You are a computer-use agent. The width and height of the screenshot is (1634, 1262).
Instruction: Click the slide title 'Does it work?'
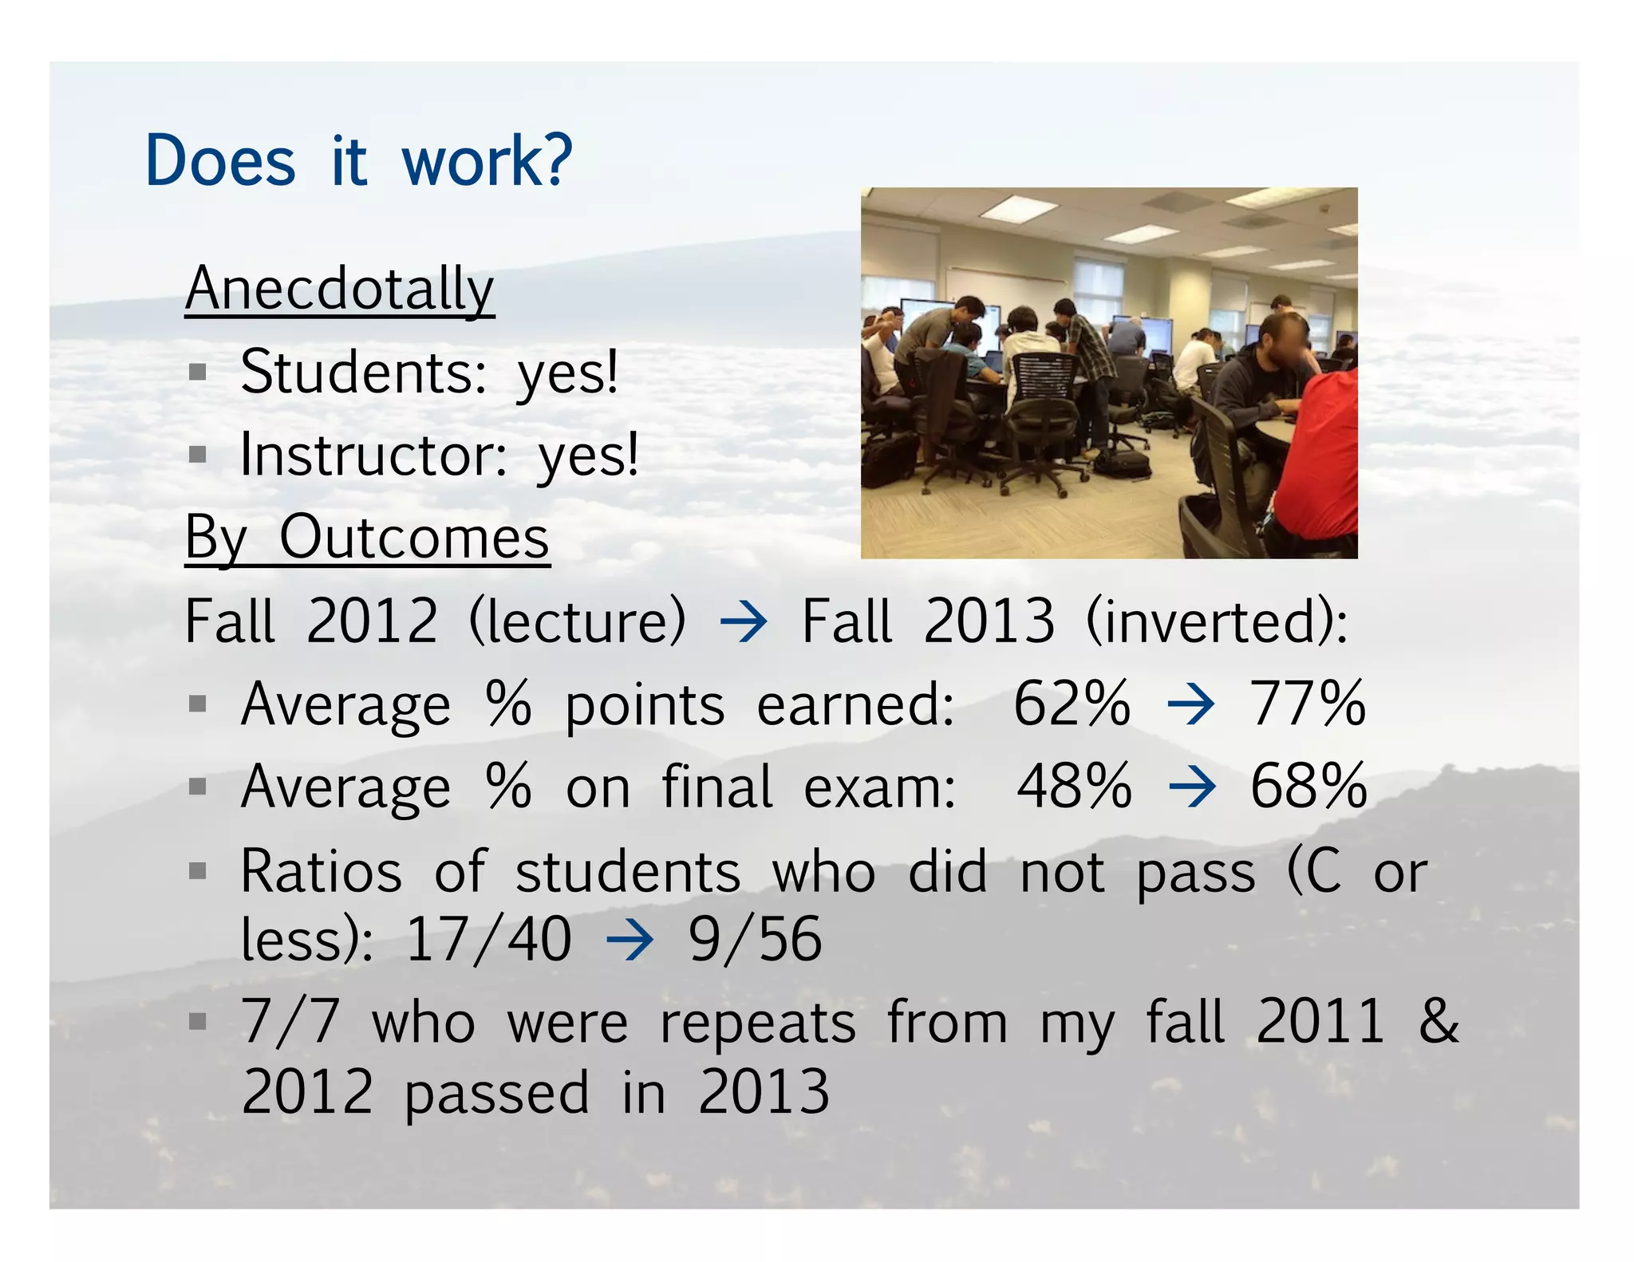[x=358, y=160]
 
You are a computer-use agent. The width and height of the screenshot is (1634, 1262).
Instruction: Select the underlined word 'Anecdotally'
[x=340, y=289]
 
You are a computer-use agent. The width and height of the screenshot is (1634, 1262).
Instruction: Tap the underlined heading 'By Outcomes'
[x=367, y=538]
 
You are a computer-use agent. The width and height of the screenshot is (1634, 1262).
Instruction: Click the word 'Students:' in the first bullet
[x=363, y=373]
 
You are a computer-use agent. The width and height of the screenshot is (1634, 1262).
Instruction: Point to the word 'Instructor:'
[x=373, y=456]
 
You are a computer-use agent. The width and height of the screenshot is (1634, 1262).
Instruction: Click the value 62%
[x=1072, y=704]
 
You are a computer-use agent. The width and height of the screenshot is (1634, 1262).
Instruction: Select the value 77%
[x=1308, y=704]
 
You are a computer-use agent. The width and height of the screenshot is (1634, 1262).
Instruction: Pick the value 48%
[x=1074, y=787]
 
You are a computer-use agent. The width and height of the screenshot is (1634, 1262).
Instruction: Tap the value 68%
[x=1308, y=787]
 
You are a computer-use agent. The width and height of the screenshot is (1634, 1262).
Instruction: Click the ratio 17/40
[x=489, y=940]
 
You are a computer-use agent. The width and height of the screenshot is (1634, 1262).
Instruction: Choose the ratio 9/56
[x=755, y=940]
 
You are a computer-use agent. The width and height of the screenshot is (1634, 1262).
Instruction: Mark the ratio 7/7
[x=290, y=1022]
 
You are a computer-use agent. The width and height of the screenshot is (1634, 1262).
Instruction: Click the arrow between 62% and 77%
[x=1190, y=705]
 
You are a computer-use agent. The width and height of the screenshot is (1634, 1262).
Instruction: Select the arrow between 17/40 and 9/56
[x=630, y=941]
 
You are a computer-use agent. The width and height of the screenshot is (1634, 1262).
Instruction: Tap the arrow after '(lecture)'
[x=744, y=622]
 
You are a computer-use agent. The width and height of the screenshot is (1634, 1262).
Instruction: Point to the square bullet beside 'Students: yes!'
[x=198, y=373]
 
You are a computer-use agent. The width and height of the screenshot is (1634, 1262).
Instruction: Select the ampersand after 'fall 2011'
[x=1439, y=1022]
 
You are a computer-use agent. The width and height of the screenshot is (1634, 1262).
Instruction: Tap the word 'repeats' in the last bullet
[x=757, y=1023]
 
